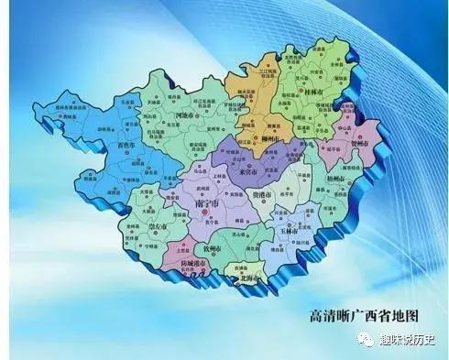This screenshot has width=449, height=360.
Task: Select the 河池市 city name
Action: coord(184,117)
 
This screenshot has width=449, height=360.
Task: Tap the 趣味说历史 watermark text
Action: coord(411,342)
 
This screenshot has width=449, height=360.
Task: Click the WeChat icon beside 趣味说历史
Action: coord(367,342)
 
